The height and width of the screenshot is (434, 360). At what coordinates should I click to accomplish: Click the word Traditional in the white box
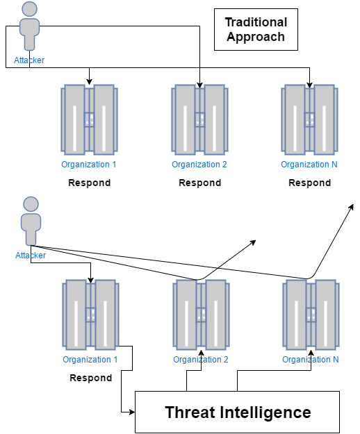[x=256, y=22]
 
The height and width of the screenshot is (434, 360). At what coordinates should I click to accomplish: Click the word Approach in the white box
[x=256, y=37]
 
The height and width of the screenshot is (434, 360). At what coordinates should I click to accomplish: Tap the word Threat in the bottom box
[x=190, y=412]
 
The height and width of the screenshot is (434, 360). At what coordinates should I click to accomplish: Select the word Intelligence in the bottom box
[x=265, y=412]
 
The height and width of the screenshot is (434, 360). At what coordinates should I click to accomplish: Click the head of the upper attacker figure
[x=29, y=9]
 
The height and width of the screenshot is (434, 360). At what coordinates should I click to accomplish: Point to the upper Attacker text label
[x=29, y=60]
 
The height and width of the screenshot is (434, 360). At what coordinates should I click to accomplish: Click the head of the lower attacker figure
[x=31, y=204]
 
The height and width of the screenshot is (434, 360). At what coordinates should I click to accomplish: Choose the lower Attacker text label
[x=31, y=256]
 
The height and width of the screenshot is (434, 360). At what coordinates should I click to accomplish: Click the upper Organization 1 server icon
[x=89, y=119]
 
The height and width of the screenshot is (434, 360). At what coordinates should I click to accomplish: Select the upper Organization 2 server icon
[x=199, y=119]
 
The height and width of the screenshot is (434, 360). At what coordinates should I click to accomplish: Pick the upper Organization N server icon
[x=309, y=119]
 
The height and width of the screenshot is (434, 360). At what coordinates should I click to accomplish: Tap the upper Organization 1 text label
[x=89, y=165]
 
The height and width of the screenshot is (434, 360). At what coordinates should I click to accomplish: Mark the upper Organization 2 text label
[x=199, y=165]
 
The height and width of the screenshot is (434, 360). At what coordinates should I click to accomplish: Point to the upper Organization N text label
[x=309, y=165]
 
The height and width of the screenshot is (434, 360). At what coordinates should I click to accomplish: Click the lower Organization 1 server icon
[x=90, y=315]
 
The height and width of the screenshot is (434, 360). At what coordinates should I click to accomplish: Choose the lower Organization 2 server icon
[x=201, y=315]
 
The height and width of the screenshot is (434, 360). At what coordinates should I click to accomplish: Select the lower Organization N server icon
[x=311, y=315]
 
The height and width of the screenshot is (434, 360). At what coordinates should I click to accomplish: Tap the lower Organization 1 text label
[x=90, y=360]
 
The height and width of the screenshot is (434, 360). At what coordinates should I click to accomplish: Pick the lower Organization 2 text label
[x=201, y=360]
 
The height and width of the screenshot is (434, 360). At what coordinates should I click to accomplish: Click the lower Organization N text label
[x=311, y=360]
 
